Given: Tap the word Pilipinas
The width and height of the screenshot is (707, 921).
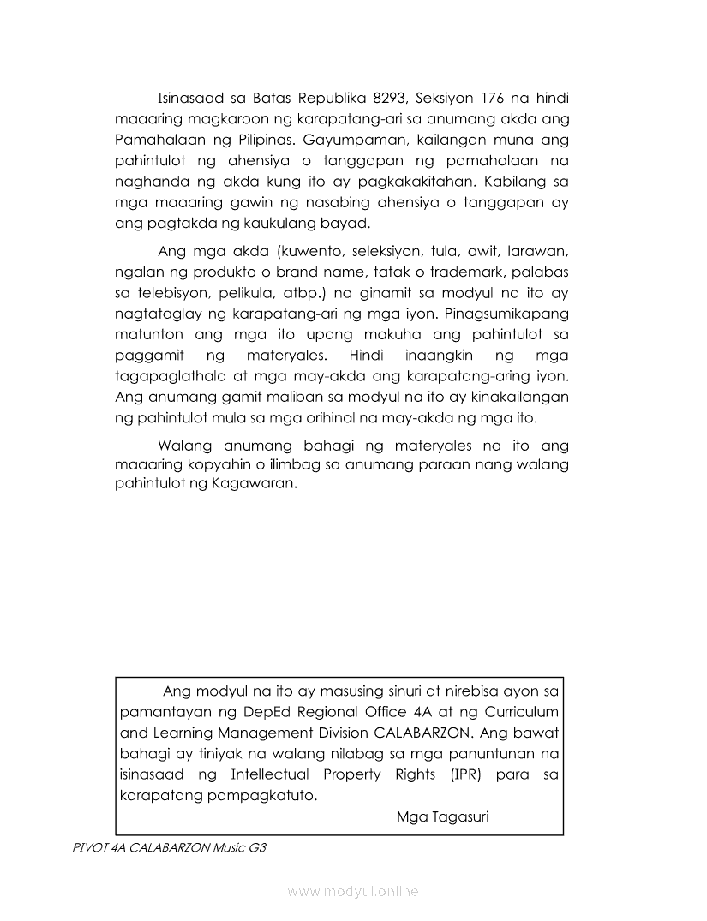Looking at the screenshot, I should (x=261, y=139).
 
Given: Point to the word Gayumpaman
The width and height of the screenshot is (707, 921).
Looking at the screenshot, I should (x=352, y=139).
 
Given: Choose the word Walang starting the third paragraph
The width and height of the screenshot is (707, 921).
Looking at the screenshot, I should (x=185, y=446).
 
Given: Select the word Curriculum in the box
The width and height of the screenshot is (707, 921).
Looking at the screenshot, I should (x=518, y=712).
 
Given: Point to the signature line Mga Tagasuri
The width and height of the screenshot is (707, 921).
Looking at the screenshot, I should (x=443, y=816).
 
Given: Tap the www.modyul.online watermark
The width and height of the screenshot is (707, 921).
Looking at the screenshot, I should (x=353, y=892).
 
